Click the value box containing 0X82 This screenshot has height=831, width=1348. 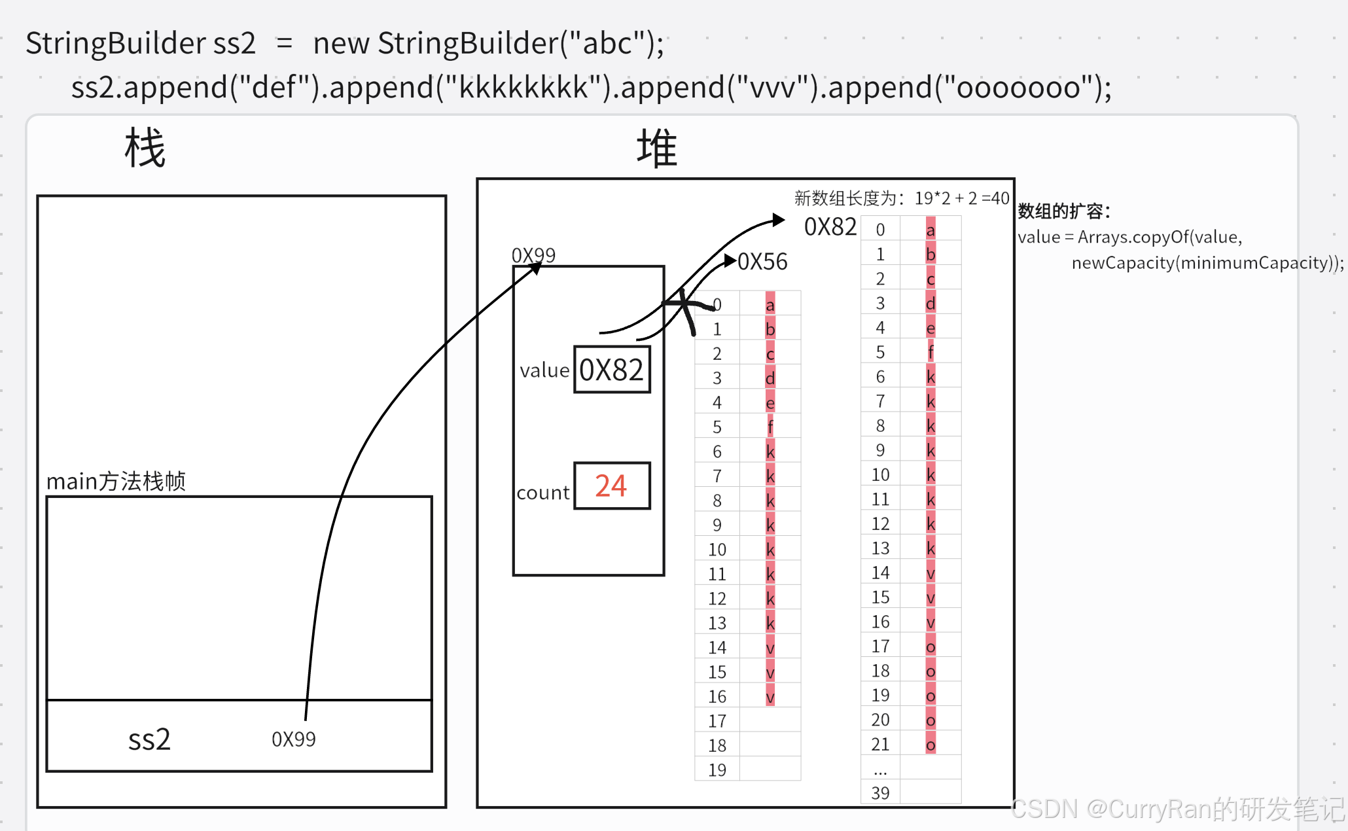pos(612,370)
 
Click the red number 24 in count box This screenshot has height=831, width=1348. pos(611,486)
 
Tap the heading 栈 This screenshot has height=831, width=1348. pos(145,149)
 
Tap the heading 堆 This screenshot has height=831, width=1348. pos(656,149)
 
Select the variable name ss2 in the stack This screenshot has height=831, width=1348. pos(149,740)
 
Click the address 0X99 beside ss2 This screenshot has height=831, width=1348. pos(293,740)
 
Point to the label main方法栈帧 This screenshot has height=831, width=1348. pos(116,482)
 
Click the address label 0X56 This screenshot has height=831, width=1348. pos(762,262)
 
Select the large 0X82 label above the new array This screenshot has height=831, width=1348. pos(830,227)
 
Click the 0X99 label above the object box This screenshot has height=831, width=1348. pos(533,255)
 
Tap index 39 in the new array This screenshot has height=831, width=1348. pos(880,794)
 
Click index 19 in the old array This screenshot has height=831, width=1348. pos(717,770)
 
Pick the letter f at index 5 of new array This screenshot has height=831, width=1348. pos(931,353)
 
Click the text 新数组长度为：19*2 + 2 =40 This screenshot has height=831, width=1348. pos(901,198)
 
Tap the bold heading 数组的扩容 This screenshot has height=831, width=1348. pos(1063,211)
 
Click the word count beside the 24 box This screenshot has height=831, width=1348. pos(542,493)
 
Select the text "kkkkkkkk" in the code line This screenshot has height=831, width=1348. pos(523,88)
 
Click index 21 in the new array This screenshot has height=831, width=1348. pos(880,745)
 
